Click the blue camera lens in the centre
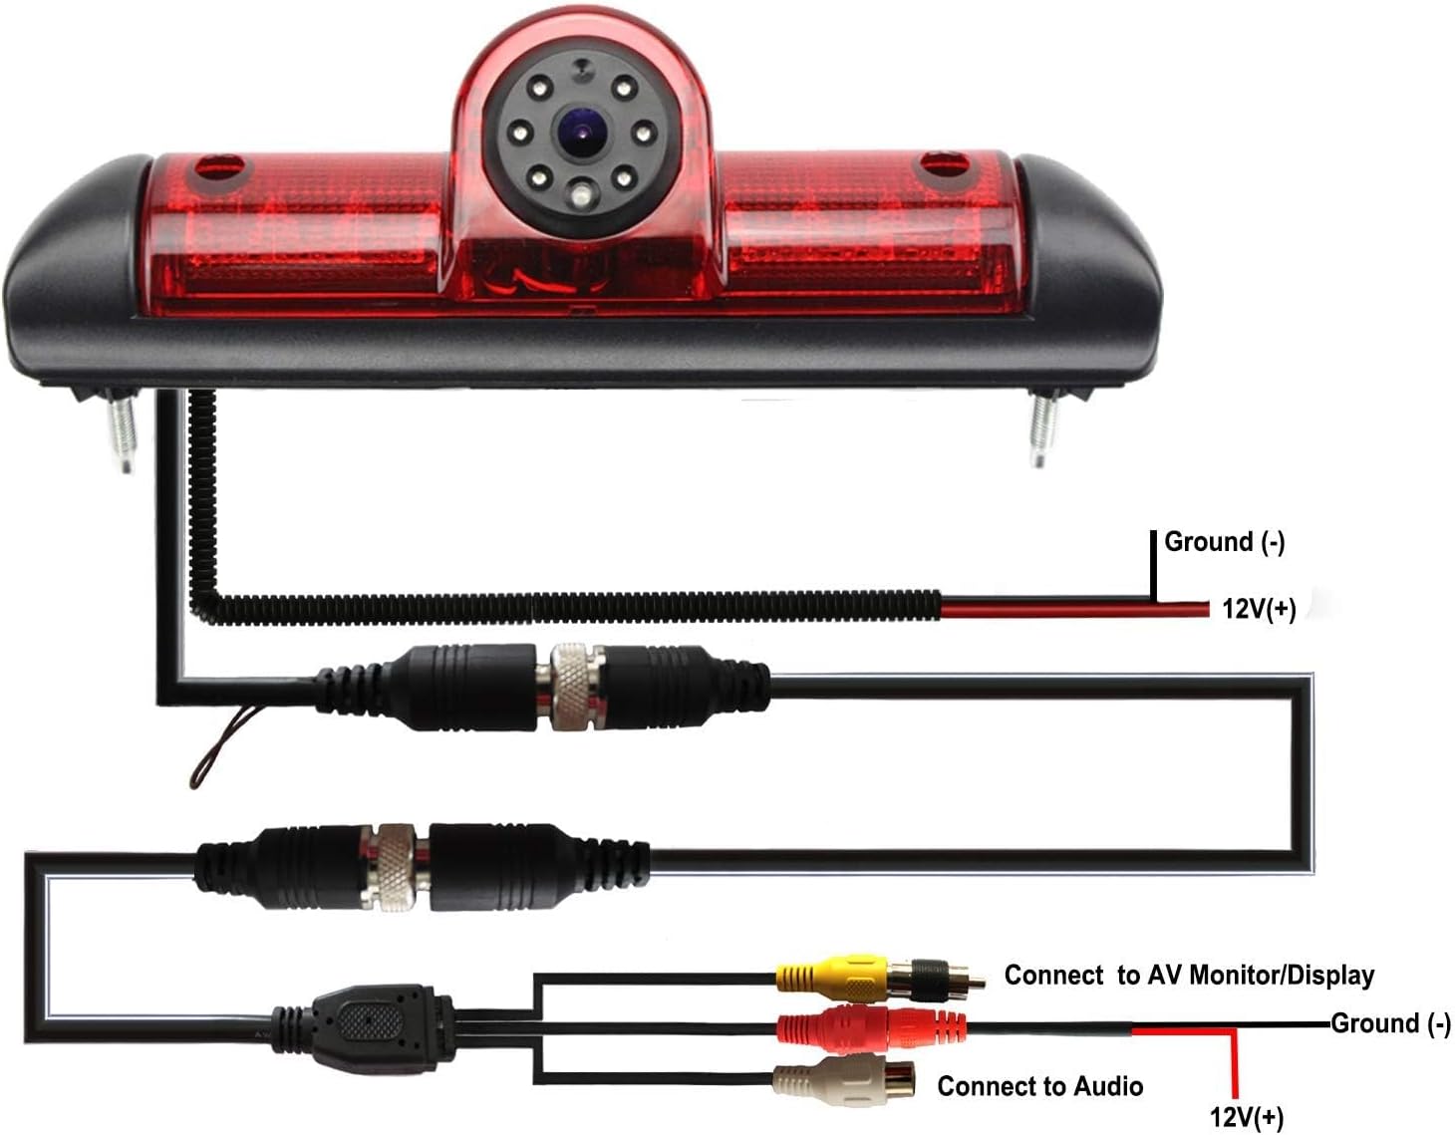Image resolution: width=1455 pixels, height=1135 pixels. click(580, 132)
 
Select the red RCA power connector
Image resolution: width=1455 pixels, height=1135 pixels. click(871, 1024)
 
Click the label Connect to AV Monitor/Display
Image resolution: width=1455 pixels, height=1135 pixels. click(1189, 975)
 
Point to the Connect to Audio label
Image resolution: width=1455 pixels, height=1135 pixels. click(1039, 1086)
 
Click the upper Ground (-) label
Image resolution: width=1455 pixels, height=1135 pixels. click(1225, 542)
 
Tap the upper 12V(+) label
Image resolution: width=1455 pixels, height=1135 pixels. click(1260, 609)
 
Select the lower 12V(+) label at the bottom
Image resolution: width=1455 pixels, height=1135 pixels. click(1247, 1118)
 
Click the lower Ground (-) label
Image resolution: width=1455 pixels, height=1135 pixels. click(1390, 1024)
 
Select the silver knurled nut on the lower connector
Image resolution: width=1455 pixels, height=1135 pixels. click(398, 868)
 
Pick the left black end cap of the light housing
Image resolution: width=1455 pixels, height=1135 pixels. click(77, 268)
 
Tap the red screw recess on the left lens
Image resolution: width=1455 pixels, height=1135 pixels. click(221, 171)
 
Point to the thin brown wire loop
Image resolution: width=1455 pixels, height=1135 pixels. click(221, 746)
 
